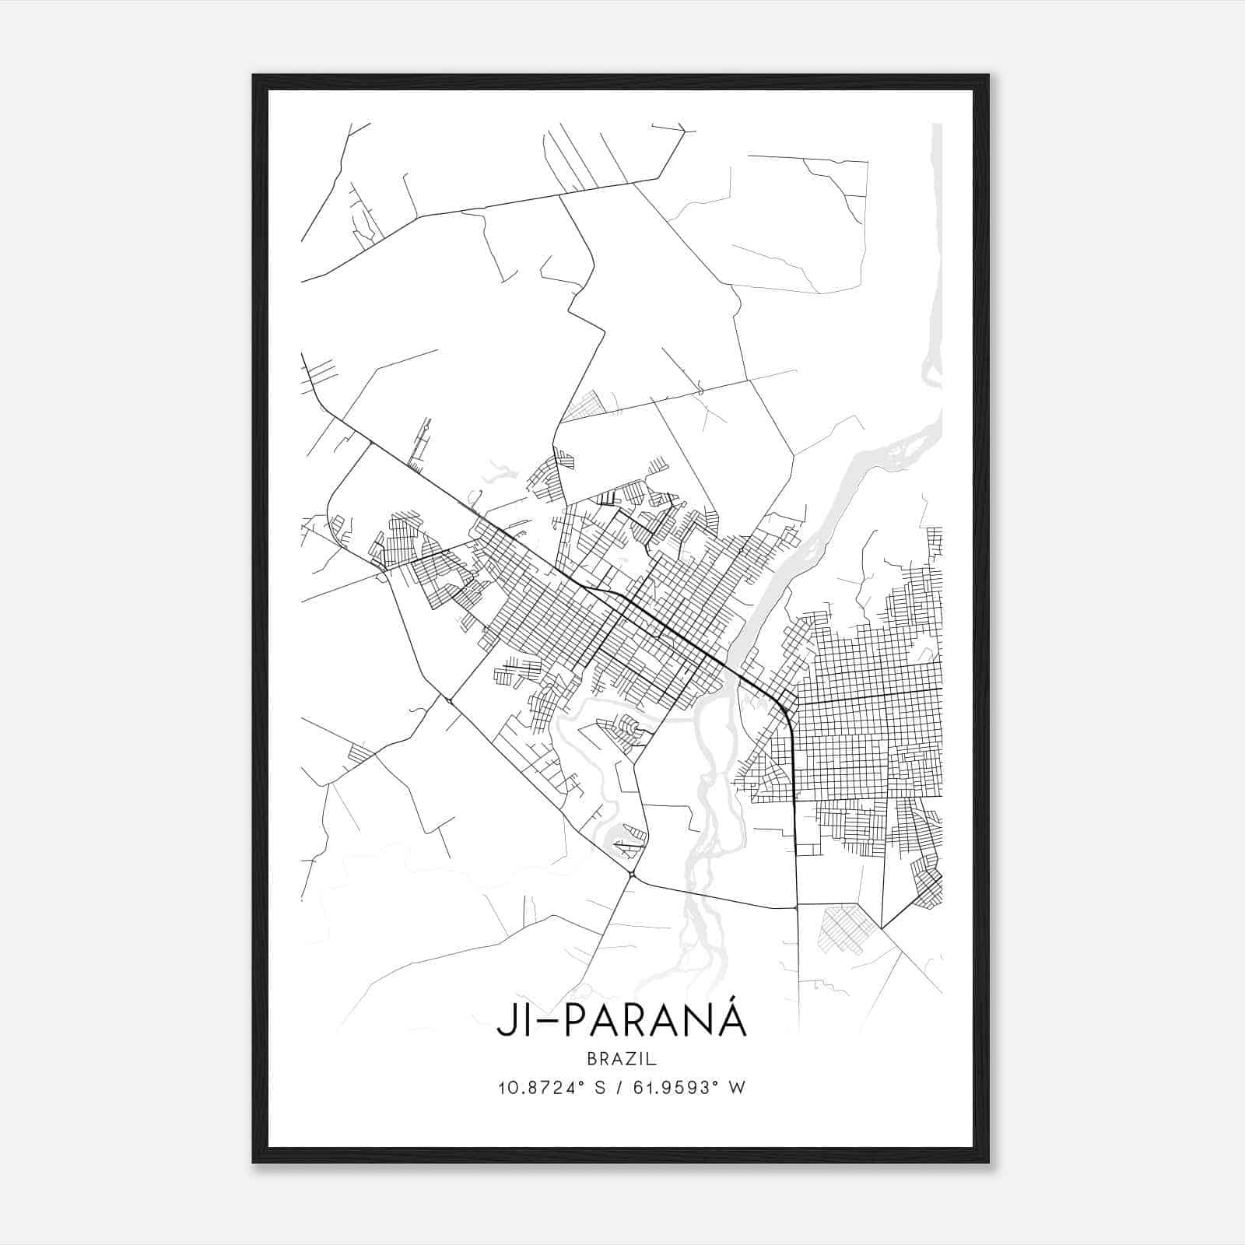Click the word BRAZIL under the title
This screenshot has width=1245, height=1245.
point(622,1058)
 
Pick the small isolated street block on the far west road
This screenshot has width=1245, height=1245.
point(360,752)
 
